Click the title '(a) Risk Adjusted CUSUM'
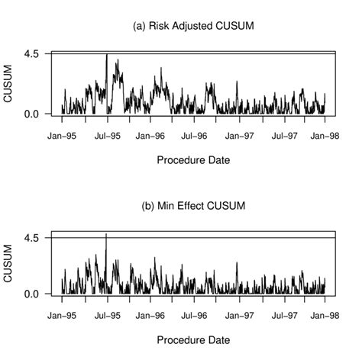pyautogui.click(x=193, y=26)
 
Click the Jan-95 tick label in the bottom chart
pyautogui.click(x=62, y=315)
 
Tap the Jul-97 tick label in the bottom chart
pyautogui.click(x=282, y=315)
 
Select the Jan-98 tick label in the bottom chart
pyautogui.click(x=325, y=315)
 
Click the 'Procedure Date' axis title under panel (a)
pyautogui.click(x=193, y=160)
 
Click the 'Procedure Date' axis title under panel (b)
pyautogui.click(x=193, y=340)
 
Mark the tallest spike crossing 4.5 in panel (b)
pyautogui.click(x=106, y=235)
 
